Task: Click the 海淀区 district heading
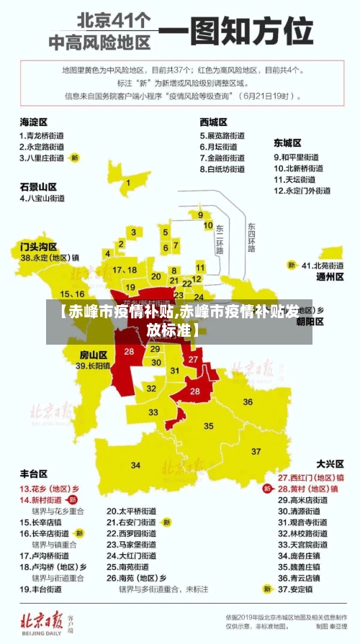point(33,122)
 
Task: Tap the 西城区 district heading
point(214,122)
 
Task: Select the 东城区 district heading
point(287,143)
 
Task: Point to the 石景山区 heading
point(38,186)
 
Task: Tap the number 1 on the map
point(128,183)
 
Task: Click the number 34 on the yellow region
point(135,466)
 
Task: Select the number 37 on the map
point(257,451)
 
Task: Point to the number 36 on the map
point(248,402)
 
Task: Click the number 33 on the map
point(153,412)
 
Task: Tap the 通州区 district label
point(330,276)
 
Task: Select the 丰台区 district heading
point(33,473)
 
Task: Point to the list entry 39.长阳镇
point(94,366)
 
